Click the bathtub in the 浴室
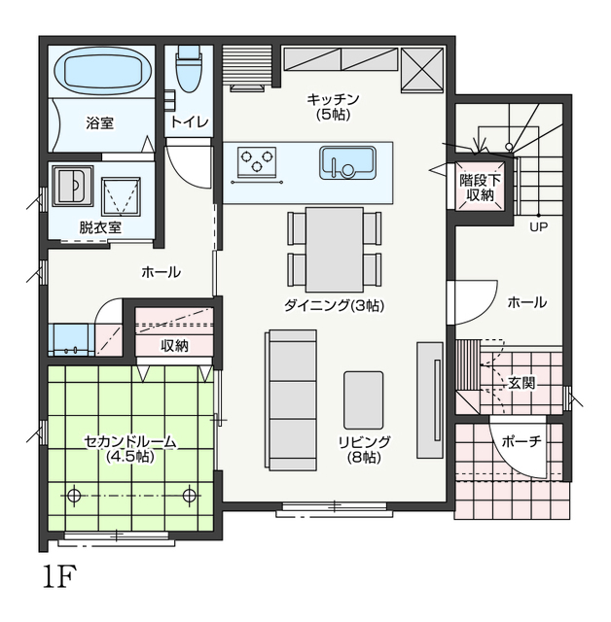click(x=103, y=71)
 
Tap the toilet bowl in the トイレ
click(x=189, y=69)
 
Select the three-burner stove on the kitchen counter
click(x=257, y=162)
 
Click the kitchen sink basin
click(x=347, y=162)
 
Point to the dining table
click(x=335, y=249)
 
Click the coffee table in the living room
click(x=364, y=399)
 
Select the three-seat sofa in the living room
click(x=291, y=399)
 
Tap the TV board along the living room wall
click(x=430, y=399)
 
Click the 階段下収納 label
click(x=480, y=188)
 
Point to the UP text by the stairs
click(x=538, y=226)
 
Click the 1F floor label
click(x=59, y=577)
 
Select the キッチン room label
click(x=333, y=99)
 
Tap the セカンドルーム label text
click(x=129, y=441)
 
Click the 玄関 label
click(x=521, y=383)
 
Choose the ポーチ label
click(x=521, y=441)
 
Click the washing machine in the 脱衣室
click(x=73, y=186)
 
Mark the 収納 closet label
click(x=174, y=346)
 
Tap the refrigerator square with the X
click(x=422, y=70)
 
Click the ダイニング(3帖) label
click(x=335, y=305)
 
